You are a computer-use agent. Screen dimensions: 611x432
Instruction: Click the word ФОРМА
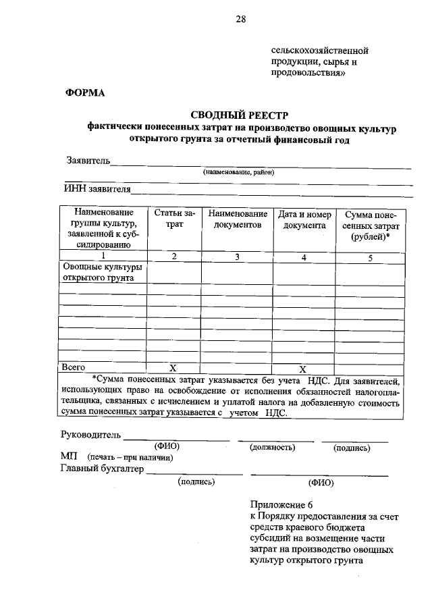click(84, 93)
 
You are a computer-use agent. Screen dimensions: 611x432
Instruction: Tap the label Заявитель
click(87, 161)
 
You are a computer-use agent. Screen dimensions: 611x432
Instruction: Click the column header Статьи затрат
click(174, 219)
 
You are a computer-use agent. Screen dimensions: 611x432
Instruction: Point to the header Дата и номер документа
click(304, 219)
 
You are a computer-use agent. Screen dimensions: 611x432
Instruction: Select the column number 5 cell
click(370, 257)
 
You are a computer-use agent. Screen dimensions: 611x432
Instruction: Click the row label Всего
click(74, 367)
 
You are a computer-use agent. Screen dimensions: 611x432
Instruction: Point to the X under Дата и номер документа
click(303, 369)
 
